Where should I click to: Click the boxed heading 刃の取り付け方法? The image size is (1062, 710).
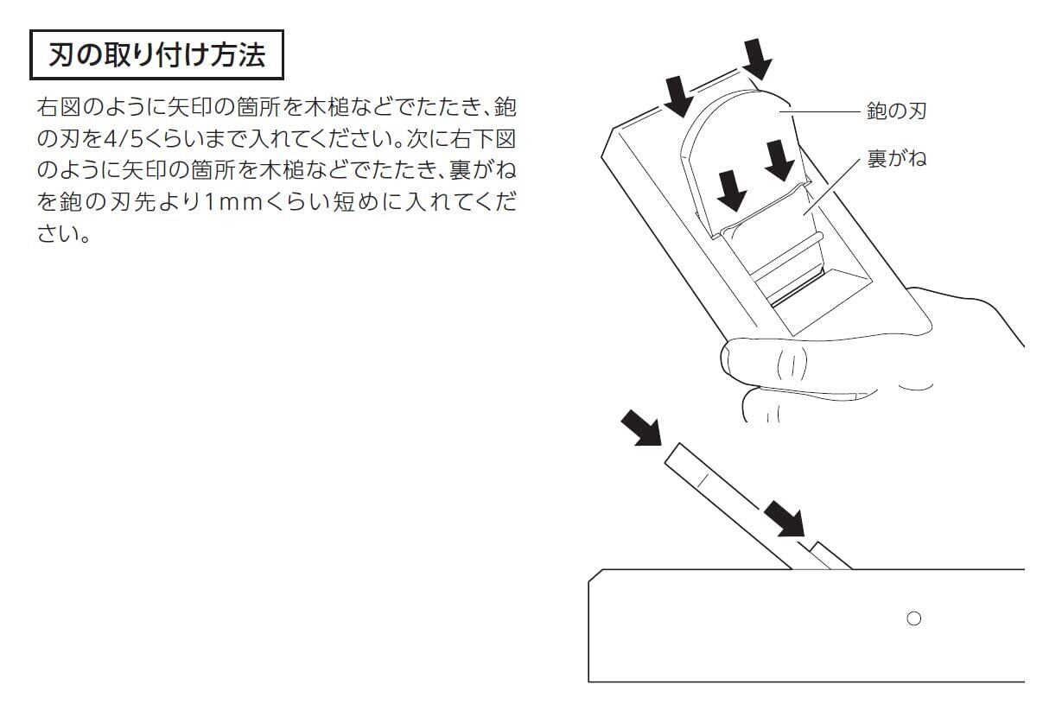click(156, 57)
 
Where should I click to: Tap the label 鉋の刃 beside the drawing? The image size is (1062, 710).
click(897, 111)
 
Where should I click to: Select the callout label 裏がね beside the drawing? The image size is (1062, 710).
click(897, 159)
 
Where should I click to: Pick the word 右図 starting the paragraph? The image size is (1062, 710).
click(59, 109)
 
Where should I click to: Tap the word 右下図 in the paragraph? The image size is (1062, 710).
click(483, 140)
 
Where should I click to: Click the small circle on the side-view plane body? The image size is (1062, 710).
click(913, 618)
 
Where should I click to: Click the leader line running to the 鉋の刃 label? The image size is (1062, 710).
click(825, 111)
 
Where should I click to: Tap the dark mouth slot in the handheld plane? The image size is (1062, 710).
click(796, 294)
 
